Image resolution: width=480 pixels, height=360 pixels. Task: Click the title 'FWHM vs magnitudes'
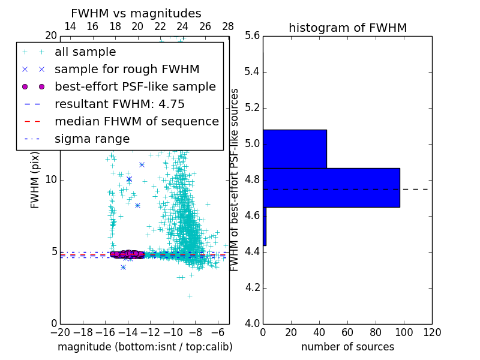coord(136,13)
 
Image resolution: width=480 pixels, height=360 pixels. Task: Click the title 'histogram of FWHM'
coord(347,28)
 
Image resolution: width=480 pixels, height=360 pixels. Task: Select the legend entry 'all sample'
coord(85,52)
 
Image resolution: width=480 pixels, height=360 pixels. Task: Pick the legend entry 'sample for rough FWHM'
coord(127,69)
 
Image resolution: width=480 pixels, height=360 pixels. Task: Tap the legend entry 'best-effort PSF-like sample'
coord(135,86)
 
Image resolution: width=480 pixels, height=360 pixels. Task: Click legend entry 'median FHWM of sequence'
coord(136,121)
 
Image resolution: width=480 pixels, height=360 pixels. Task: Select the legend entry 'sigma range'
coord(92,139)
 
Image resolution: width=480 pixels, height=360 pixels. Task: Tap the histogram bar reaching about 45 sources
coord(295,149)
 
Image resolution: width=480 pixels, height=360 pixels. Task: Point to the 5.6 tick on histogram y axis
coord(252,36)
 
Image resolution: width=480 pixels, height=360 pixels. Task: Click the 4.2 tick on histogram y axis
coord(252,287)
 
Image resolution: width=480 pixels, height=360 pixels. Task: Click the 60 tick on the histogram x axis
coord(347,332)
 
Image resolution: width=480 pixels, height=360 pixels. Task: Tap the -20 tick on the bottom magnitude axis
coord(60,332)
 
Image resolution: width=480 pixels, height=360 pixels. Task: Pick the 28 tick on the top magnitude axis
coord(228,26)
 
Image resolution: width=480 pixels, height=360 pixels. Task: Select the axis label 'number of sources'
coord(347,347)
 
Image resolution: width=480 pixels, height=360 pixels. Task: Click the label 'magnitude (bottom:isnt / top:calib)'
coord(145,347)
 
